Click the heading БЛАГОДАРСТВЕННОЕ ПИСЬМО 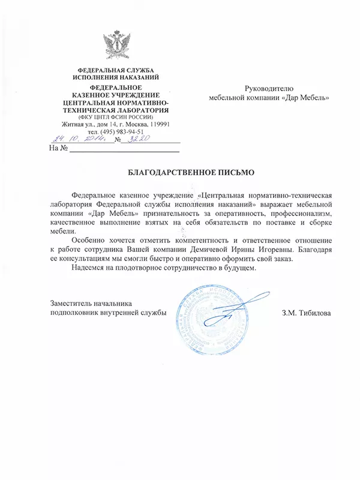pos(191,172)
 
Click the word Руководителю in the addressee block pos(269,88)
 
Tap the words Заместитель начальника pos(91,303)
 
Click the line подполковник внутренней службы pos(107,313)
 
